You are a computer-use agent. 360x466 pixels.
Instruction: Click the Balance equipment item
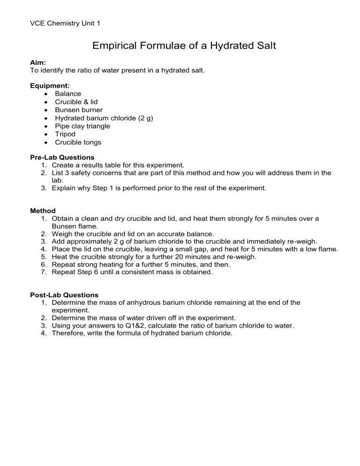(x=68, y=94)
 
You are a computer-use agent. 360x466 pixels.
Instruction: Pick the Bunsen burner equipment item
(x=79, y=110)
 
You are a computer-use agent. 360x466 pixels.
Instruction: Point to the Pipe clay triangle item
(x=82, y=126)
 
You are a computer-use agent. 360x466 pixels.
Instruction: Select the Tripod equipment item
(x=65, y=134)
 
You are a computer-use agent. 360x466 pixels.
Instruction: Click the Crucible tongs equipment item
(x=78, y=142)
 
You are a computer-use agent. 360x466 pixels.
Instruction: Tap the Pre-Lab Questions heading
(x=62, y=158)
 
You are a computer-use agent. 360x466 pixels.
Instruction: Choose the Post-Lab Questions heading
(x=64, y=295)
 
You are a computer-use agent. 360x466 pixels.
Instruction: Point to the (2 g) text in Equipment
(x=144, y=118)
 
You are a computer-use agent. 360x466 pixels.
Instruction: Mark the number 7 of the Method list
(x=44, y=272)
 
